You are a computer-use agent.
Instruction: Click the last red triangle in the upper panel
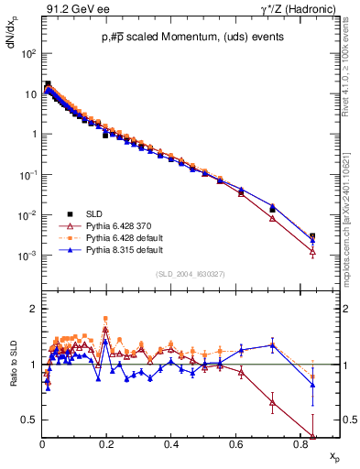312,251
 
